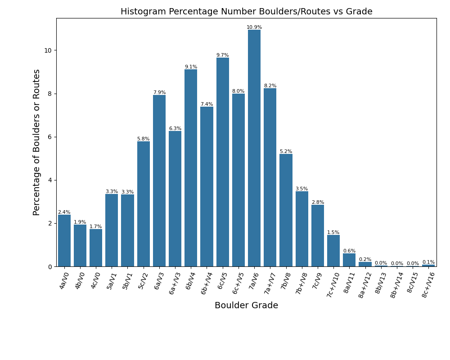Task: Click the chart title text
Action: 246,12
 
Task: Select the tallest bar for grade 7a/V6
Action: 254,148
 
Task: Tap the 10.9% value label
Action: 254,27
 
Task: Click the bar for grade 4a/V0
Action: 64,241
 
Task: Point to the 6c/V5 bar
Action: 223,162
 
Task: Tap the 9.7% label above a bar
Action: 223,55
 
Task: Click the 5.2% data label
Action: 286,152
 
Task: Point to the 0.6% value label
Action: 349,251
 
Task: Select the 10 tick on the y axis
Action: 48,50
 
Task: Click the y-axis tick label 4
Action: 50,180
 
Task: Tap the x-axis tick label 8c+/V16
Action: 428,285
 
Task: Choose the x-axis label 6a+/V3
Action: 175,283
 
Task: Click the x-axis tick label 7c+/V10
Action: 333,285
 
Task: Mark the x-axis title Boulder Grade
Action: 246,306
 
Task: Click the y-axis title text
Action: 36,142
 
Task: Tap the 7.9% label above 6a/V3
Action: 159,93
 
